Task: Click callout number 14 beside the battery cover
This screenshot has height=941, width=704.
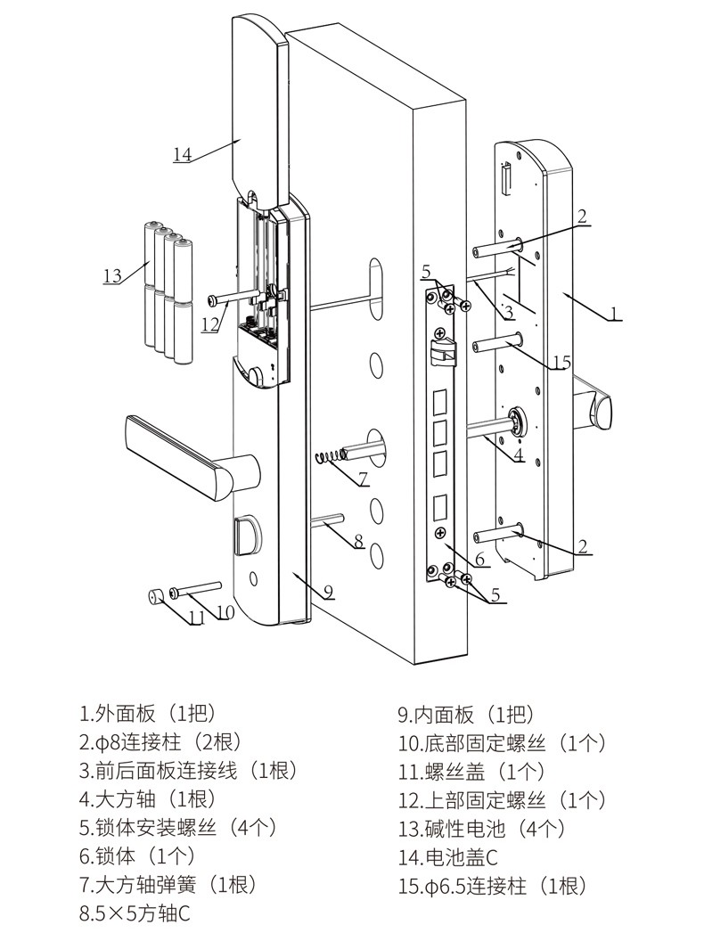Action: coord(182,154)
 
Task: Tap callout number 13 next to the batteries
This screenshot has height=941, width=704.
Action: coord(111,276)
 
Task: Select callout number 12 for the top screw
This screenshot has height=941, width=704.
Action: coord(209,324)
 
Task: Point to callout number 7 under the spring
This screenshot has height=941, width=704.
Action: coord(363,479)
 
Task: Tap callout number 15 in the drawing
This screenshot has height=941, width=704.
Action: coord(561,363)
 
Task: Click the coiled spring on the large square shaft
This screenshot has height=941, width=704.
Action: coord(331,457)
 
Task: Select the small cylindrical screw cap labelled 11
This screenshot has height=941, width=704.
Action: coord(155,594)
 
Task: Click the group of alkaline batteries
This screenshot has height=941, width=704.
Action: coord(168,292)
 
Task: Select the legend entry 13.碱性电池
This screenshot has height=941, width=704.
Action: coord(481,829)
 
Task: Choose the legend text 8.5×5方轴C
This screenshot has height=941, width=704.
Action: coord(135,914)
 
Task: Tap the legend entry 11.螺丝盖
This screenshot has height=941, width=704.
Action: coord(471,772)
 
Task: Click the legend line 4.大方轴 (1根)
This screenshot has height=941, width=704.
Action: coord(147,800)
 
